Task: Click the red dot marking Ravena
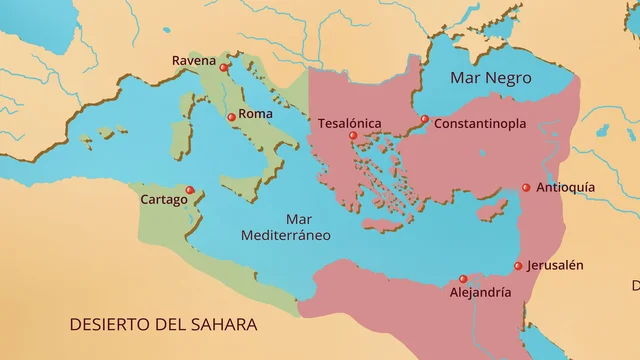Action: [224, 69]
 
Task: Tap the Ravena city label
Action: [194, 60]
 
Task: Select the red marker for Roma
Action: [232, 118]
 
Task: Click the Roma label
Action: [256, 115]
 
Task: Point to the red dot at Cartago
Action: [190, 190]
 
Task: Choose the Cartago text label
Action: [163, 200]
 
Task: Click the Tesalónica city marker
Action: [353, 135]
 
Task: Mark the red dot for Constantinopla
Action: [424, 119]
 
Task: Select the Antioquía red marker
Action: [526, 187]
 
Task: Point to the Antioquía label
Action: [566, 187]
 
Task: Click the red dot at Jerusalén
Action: [518, 266]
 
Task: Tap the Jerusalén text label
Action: [556, 265]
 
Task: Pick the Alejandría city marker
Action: [462, 279]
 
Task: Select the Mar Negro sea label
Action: [491, 78]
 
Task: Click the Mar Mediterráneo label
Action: [286, 227]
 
